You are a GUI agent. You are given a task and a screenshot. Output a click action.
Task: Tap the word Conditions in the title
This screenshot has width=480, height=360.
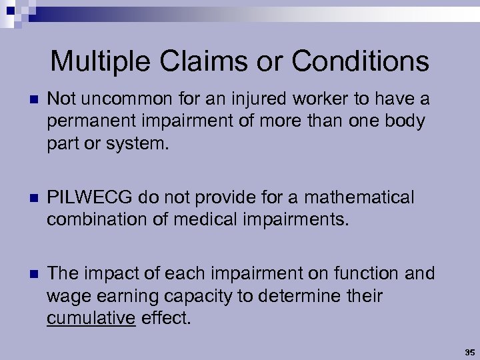(361, 62)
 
